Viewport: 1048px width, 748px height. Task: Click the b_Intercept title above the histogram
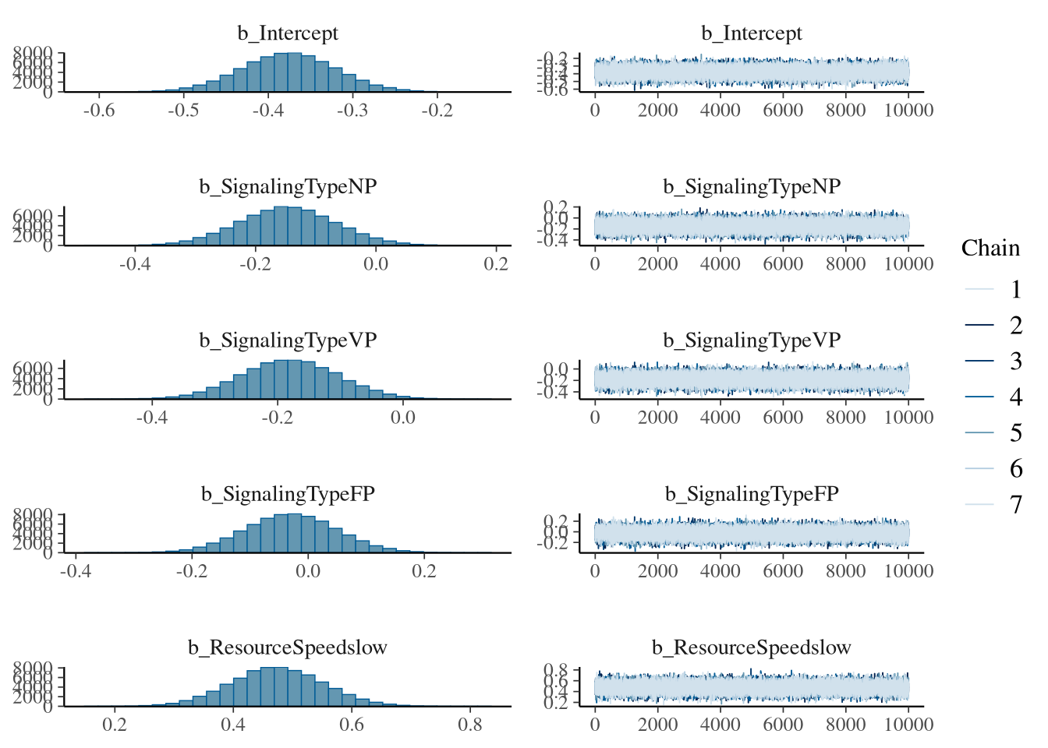tap(288, 34)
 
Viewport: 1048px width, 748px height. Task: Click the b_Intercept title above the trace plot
tap(752, 34)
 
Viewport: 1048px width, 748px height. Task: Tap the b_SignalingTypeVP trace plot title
tap(752, 340)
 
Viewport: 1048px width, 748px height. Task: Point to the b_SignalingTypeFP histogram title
tap(288, 494)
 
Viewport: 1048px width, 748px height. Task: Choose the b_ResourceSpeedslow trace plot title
tap(752, 647)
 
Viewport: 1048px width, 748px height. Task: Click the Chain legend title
tap(990, 248)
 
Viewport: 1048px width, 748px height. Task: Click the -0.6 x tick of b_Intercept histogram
tap(98, 110)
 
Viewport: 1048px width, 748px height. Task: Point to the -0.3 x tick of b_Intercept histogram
tap(352, 110)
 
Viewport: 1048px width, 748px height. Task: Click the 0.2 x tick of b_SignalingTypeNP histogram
tap(496, 263)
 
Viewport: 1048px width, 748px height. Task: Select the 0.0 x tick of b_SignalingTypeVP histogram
tap(402, 417)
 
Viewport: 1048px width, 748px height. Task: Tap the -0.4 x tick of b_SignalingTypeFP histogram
tap(76, 570)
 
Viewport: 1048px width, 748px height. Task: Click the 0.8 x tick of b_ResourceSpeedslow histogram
tap(470, 724)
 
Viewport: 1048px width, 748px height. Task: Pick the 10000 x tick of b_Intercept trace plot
tap(908, 110)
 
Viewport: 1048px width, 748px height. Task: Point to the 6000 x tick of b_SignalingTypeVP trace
tap(783, 417)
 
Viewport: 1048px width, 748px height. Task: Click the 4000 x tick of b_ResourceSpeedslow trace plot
tap(720, 724)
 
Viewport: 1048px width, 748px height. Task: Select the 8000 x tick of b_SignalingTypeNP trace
tap(845, 263)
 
